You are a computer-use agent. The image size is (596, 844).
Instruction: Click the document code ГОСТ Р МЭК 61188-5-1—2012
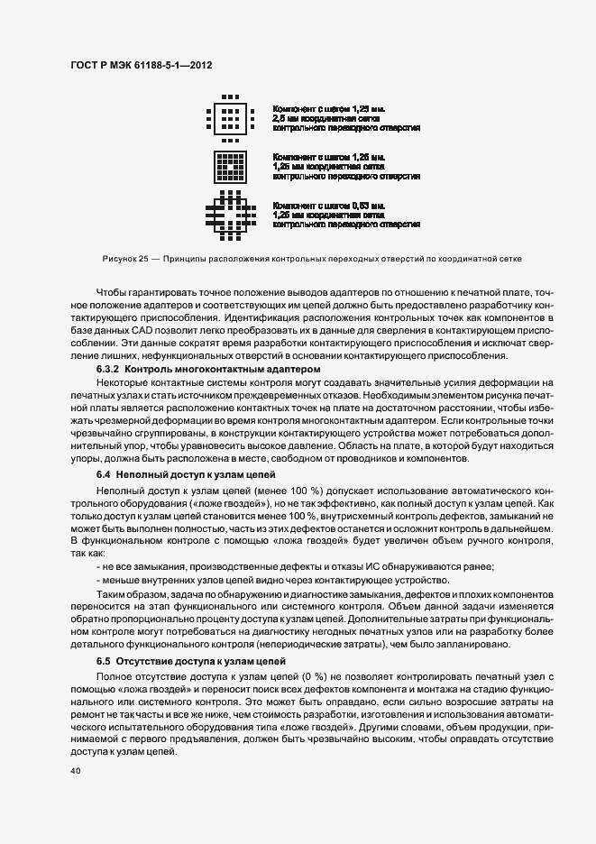coord(140,66)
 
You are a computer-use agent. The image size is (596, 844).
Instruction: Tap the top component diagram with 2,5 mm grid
coord(232,118)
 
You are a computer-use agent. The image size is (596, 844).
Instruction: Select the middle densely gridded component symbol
coord(232,166)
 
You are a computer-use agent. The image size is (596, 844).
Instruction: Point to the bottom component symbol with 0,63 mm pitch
coord(232,215)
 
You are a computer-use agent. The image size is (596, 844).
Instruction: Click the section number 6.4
coord(104,474)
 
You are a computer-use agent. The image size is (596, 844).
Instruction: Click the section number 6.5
coord(104,661)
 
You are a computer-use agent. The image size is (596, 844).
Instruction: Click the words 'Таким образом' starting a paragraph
coord(130,595)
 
